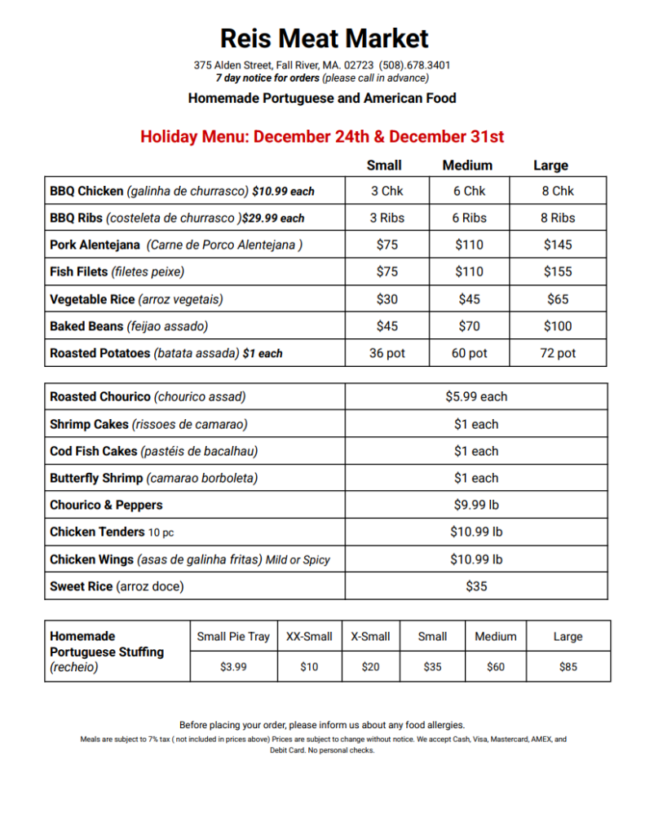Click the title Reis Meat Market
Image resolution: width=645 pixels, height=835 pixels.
(324, 38)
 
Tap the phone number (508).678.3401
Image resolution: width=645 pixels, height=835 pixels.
(415, 64)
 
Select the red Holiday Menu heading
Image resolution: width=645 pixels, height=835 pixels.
(322, 136)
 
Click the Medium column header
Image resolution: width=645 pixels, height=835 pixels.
(467, 166)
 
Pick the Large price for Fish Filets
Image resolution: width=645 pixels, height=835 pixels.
(558, 272)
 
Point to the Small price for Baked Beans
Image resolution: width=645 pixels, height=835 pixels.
(387, 326)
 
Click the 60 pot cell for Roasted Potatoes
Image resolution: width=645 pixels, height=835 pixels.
(469, 353)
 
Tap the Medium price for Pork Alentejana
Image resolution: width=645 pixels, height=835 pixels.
(469, 245)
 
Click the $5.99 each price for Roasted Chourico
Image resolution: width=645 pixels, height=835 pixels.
(476, 396)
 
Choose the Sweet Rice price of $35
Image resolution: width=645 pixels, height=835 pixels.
(476, 585)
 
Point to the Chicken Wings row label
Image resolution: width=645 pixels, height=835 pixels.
(190, 559)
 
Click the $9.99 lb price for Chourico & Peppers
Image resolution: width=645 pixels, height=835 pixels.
(476, 505)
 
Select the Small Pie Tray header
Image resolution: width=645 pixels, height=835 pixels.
(233, 636)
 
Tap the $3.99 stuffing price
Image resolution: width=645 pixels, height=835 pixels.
(233, 666)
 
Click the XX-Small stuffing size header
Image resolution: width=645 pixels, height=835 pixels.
(309, 636)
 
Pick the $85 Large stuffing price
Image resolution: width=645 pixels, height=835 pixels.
(568, 666)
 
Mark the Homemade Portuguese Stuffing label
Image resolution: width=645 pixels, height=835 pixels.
(107, 652)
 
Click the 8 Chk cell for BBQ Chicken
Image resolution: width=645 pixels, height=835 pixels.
(558, 191)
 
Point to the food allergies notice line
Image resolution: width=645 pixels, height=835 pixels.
(322, 724)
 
